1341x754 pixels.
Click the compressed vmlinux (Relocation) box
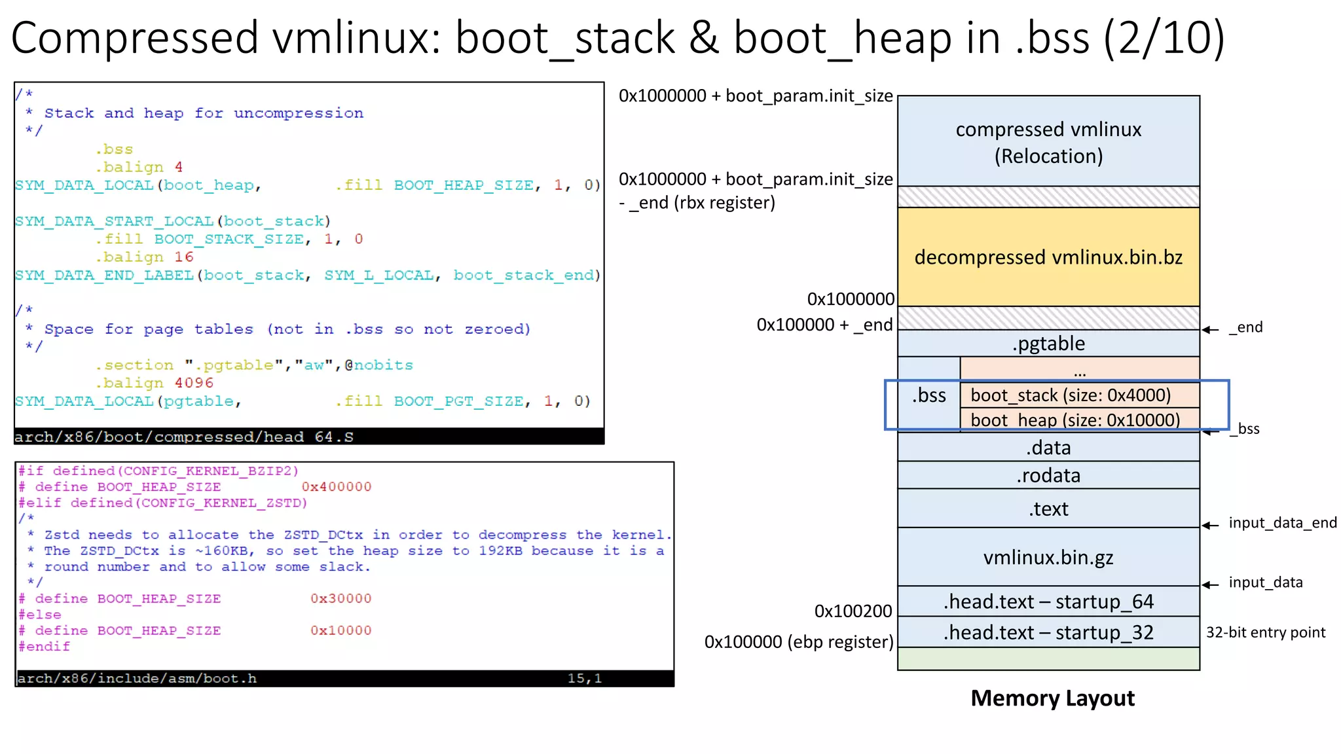point(1048,141)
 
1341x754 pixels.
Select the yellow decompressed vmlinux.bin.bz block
point(1048,257)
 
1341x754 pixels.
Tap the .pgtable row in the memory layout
point(1048,344)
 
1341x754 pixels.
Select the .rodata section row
point(1048,475)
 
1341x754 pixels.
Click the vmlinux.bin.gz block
point(1048,557)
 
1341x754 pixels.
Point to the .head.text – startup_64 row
point(1048,601)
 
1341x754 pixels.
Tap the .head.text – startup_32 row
point(1048,632)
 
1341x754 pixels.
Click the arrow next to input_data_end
point(1210,525)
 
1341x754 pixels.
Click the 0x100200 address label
point(853,611)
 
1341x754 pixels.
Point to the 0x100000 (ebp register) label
point(798,641)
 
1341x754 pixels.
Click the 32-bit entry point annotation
point(1265,632)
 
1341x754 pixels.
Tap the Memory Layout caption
point(1052,698)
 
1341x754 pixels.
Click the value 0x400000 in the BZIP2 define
point(336,487)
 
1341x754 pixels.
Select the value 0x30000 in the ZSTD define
point(340,599)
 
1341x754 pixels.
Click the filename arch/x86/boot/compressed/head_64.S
point(183,437)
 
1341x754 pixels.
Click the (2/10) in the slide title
point(1164,38)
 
